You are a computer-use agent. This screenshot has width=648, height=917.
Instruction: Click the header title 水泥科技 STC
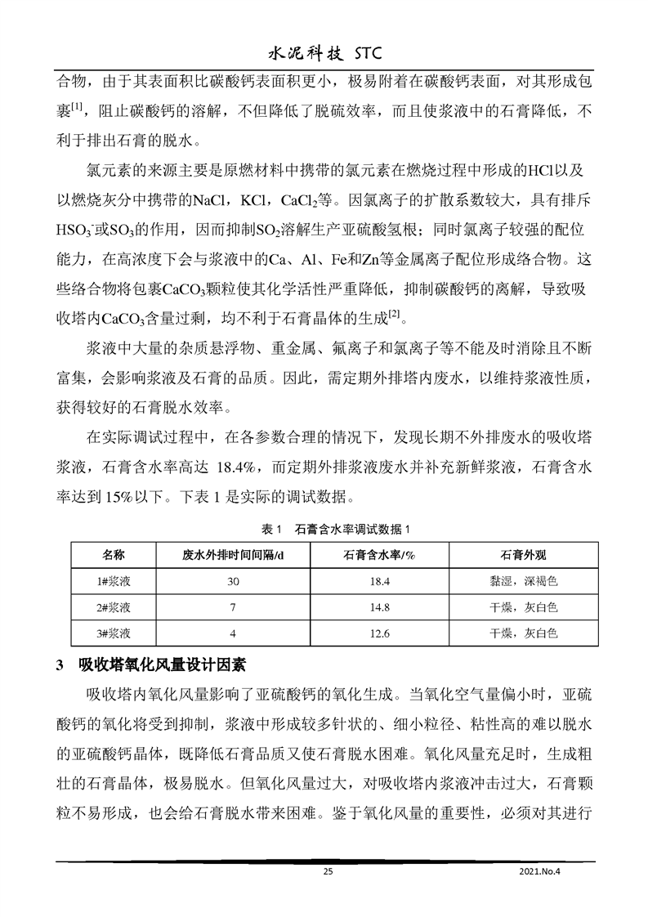(x=324, y=54)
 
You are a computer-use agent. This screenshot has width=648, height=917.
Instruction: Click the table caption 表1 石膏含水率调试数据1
(x=324, y=529)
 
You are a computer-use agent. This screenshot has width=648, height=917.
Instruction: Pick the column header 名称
(x=113, y=555)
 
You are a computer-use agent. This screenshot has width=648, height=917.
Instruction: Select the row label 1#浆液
(x=113, y=580)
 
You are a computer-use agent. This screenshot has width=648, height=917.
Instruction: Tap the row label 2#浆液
(x=113, y=606)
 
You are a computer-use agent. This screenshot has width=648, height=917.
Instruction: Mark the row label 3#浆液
(x=113, y=633)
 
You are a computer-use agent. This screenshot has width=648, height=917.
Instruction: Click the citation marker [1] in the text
(x=78, y=105)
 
